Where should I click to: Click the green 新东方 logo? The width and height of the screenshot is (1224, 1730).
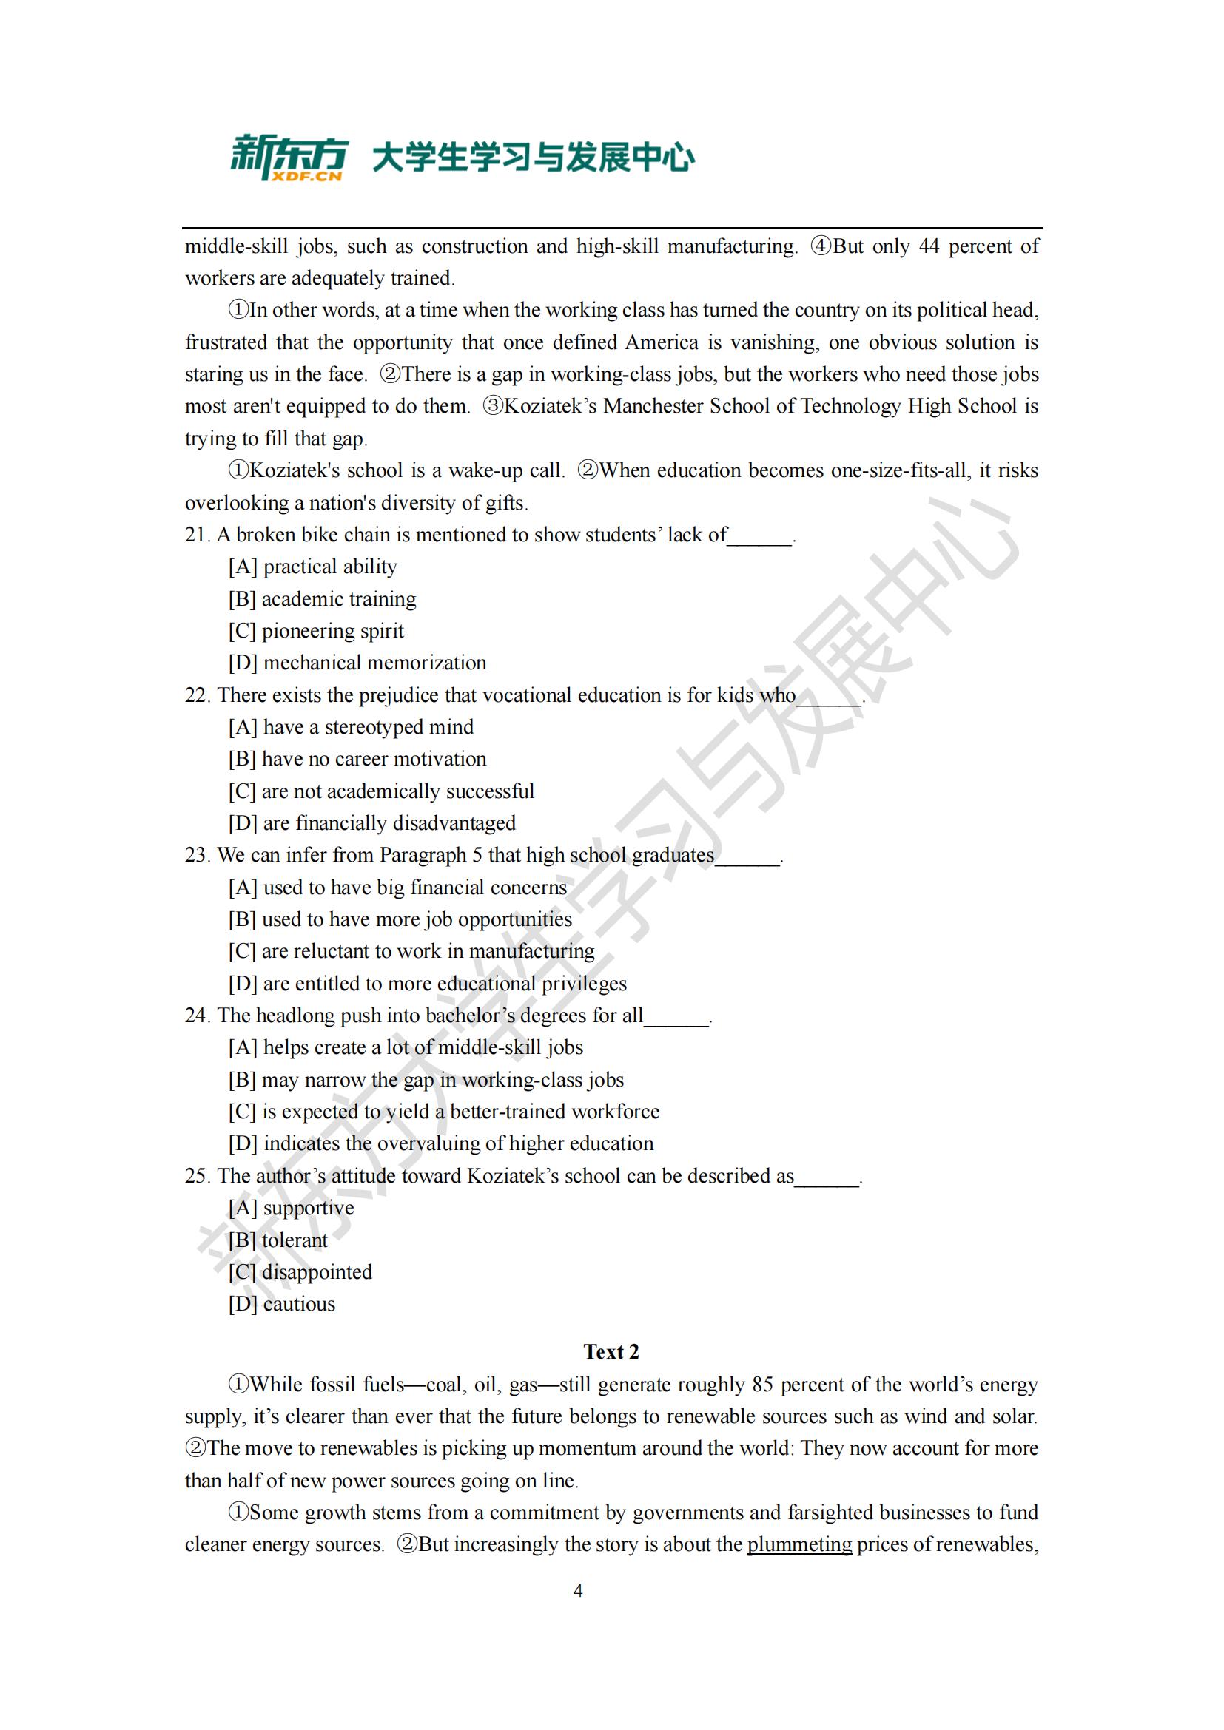[x=289, y=158]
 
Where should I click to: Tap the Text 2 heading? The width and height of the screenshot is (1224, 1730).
[x=611, y=1352]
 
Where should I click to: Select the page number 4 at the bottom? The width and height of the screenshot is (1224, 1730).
[x=578, y=1591]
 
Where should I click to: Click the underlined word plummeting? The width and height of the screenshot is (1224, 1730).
[x=799, y=1544]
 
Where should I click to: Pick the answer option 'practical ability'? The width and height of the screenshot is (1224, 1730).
[x=329, y=567]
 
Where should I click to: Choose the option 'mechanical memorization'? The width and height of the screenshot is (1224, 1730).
[x=374, y=663]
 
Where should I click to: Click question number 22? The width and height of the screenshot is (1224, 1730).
[x=197, y=695]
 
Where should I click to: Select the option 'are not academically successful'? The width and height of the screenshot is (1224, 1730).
[x=397, y=791]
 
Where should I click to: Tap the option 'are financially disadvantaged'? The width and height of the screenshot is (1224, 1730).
[x=389, y=823]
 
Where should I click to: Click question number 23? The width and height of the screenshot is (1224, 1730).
[x=197, y=855]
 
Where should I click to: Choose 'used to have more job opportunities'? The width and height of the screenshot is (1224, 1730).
[x=416, y=919]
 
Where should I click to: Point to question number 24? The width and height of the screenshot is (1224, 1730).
[x=197, y=1016]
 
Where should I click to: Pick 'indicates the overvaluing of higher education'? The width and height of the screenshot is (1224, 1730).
[x=457, y=1143]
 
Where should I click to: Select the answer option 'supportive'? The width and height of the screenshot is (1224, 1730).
[x=309, y=1208]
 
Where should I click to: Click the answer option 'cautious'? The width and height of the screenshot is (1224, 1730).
[x=298, y=1304]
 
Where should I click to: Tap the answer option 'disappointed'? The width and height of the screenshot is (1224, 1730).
[x=317, y=1272]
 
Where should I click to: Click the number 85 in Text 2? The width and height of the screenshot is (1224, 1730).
[x=762, y=1385]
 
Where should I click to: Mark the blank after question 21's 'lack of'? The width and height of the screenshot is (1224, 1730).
[x=760, y=536]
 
